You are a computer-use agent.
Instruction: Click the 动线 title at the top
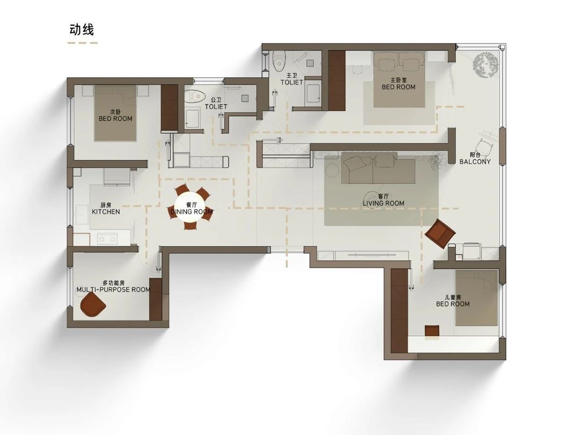pos(82,30)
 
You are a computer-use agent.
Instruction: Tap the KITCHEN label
pos(106,212)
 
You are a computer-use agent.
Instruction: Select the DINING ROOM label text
pos(192,212)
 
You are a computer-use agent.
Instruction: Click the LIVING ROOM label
pos(383,203)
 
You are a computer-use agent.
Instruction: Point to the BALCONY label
pos(475,161)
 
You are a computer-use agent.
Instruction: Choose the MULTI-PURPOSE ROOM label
pos(114,289)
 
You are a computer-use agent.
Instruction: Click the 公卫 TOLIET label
pos(216,103)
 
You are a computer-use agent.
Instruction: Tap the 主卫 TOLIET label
pos(292,79)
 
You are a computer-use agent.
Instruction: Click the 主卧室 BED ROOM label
pos(399,84)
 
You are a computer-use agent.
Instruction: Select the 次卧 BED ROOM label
pos(115,116)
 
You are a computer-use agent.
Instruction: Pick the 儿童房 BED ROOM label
pos(453,301)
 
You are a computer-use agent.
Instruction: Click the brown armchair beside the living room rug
pos(440,233)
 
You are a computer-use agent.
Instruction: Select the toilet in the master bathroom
pos(278,61)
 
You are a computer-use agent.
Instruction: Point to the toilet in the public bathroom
pos(195,96)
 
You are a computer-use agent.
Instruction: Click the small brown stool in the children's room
pos(432,331)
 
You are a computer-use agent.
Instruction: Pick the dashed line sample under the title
pos(83,43)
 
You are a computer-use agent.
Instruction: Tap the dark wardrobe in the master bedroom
pos(336,80)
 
